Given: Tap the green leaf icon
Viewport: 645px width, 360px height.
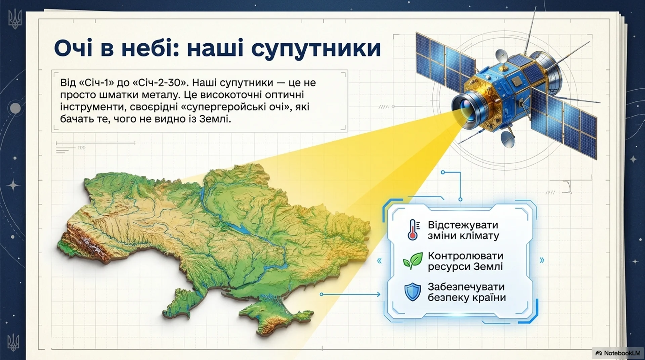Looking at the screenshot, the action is click(x=413, y=261).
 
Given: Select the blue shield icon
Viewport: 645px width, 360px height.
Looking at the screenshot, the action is click(x=413, y=291).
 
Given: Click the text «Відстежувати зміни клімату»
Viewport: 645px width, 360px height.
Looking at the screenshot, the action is click(x=463, y=230).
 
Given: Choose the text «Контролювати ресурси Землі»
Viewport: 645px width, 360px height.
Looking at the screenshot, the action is click(x=466, y=261).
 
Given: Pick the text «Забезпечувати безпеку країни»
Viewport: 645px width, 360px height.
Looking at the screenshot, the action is click(x=467, y=292).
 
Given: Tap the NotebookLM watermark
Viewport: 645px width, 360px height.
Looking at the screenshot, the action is click(x=618, y=353).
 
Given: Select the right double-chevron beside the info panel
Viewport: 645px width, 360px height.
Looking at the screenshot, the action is click(x=542, y=260).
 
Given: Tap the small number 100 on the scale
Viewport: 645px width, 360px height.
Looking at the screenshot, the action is click(x=81, y=148).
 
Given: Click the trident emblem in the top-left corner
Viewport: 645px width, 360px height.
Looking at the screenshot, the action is click(x=14, y=19).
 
